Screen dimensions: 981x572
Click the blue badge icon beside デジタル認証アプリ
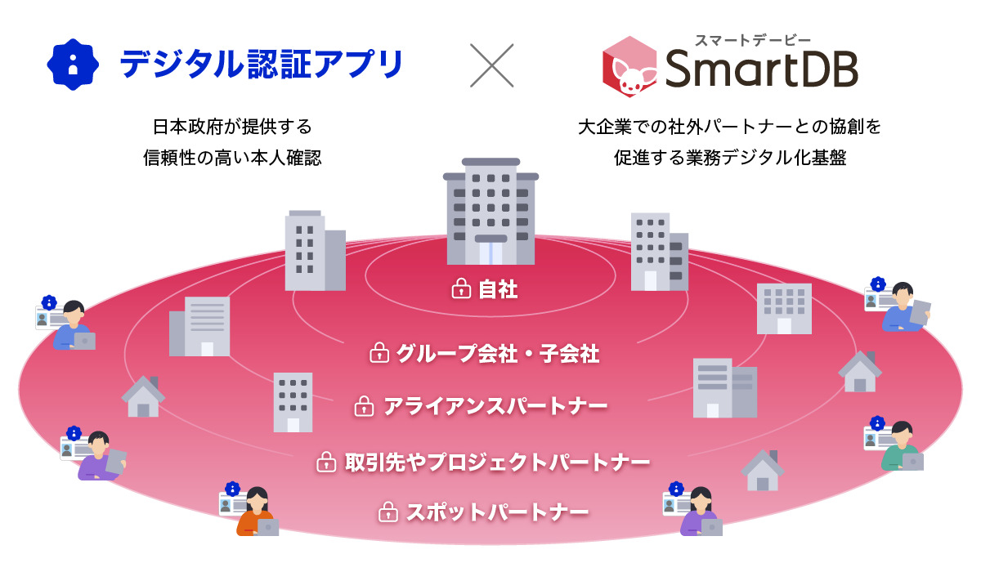click(73, 65)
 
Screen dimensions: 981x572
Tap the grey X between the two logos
click(491, 65)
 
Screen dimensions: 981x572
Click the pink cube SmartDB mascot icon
click(629, 66)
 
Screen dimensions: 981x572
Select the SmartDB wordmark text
click(761, 69)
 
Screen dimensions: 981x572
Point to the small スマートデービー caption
click(753, 40)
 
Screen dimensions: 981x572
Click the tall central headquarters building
click(491, 212)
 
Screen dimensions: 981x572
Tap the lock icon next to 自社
click(461, 288)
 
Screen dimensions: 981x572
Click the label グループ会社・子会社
click(498, 354)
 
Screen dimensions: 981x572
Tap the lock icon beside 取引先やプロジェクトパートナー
click(326, 463)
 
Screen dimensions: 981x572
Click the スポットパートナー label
click(497, 512)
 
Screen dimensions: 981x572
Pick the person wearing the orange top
click(257, 512)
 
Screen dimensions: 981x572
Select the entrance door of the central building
click(490, 253)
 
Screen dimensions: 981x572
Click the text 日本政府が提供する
click(232, 127)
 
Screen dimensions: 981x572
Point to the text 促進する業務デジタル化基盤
click(729, 158)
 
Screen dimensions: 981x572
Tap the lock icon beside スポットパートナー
click(388, 512)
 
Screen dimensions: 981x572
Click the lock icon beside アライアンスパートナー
click(364, 406)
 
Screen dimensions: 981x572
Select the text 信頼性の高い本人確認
click(232, 158)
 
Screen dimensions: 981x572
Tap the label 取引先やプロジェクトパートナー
click(497, 463)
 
